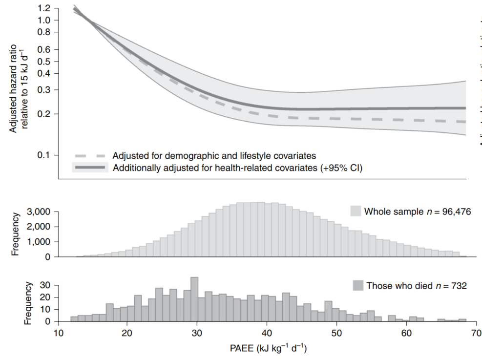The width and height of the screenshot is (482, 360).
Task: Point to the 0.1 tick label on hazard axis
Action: click(45, 155)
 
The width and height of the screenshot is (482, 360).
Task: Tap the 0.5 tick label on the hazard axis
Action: click(45, 62)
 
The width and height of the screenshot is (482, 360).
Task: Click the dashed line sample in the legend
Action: click(90, 156)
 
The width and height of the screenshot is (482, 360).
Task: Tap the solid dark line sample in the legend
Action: click(90, 168)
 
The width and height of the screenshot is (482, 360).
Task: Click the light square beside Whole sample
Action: click(356, 211)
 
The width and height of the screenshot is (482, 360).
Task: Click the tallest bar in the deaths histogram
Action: click(194, 299)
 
